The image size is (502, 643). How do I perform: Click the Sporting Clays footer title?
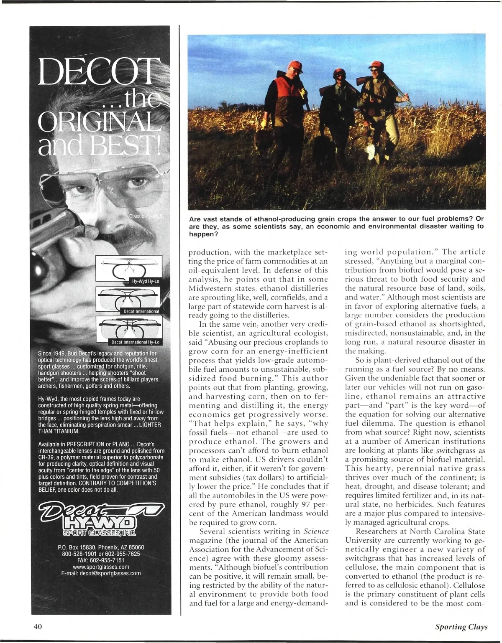(x=461, y=627)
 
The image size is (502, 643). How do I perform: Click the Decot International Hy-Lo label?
(x=135, y=342)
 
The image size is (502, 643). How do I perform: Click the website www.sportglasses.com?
(x=101, y=567)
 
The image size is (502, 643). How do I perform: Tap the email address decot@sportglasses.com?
(x=101, y=573)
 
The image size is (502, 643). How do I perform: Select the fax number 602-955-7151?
(x=101, y=560)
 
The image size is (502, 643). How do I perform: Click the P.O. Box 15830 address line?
(x=101, y=547)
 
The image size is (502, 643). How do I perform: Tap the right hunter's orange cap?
(x=376, y=65)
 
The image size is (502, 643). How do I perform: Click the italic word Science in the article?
(x=316, y=531)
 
